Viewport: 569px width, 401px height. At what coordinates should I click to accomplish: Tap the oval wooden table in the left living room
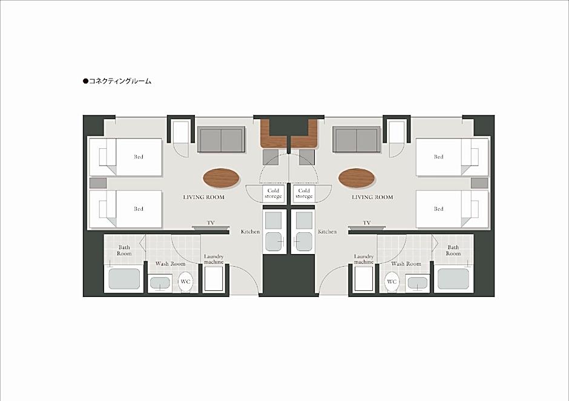tap(222, 178)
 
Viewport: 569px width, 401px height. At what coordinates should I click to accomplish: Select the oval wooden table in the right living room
tap(357, 178)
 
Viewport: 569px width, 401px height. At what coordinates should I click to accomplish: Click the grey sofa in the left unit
tap(221, 140)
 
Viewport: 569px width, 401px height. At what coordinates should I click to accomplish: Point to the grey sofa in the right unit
tap(357, 140)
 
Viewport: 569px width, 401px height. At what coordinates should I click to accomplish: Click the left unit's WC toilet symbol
tap(185, 282)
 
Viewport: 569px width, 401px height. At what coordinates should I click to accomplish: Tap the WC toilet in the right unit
tap(392, 282)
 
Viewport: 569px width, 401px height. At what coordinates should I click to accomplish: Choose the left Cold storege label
tap(273, 194)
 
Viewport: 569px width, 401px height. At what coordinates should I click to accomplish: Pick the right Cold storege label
tap(304, 194)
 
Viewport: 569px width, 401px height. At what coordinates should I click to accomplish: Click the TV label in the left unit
tap(211, 223)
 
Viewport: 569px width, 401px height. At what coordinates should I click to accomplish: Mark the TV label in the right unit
tap(367, 223)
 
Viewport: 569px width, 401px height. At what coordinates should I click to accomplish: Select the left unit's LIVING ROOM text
tap(203, 197)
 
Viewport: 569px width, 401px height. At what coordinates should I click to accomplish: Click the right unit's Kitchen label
tap(327, 232)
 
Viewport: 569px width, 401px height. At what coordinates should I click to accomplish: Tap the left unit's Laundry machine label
tap(214, 259)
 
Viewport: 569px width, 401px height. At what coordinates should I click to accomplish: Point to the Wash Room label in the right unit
tap(406, 264)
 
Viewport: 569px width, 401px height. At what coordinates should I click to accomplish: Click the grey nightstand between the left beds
tap(98, 183)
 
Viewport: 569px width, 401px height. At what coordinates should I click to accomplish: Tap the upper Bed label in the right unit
tap(439, 157)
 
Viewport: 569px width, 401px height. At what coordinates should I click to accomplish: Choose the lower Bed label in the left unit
tap(138, 209)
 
